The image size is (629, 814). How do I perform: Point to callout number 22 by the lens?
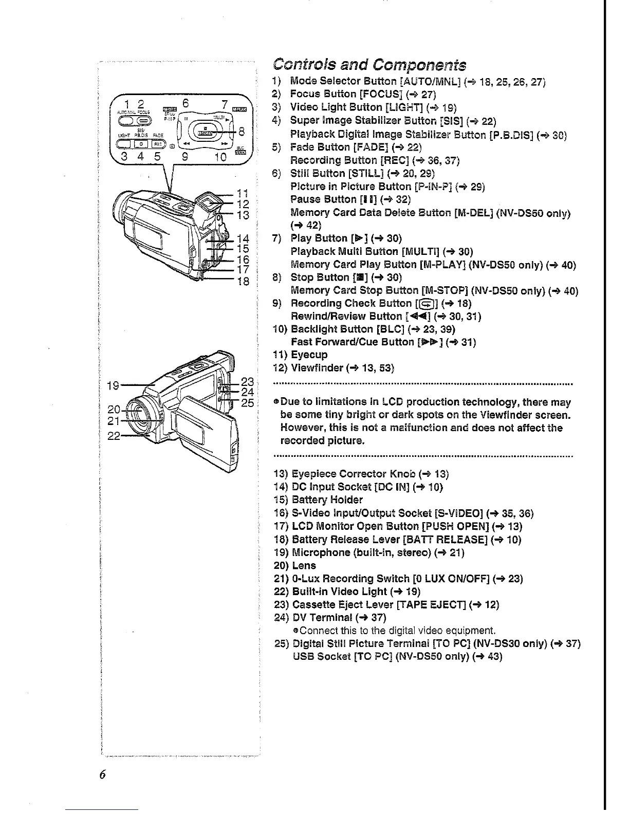coord(114,436)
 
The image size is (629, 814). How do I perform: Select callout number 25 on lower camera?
coord(248,403)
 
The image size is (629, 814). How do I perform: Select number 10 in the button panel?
coord(220,157)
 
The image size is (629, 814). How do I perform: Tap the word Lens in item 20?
coord(304,565)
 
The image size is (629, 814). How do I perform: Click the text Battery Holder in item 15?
coord(327,500)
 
